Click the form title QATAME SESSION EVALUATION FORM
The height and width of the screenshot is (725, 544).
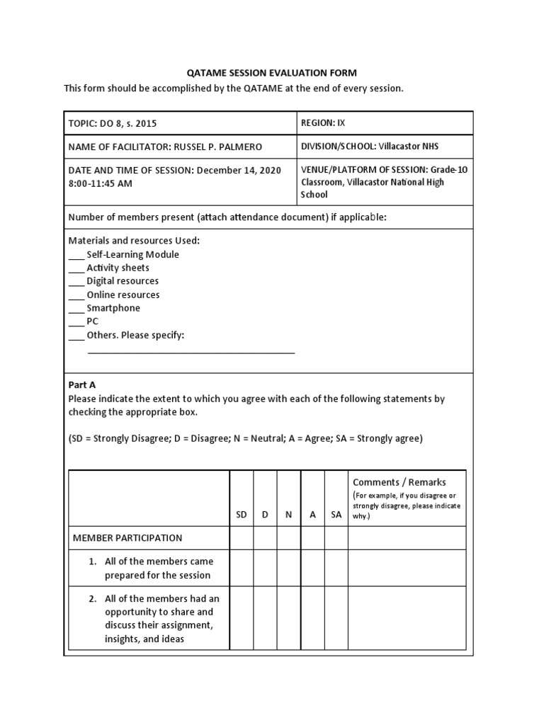[x=271, y=73]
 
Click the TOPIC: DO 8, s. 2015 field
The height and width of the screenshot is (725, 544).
[x=112, y=123]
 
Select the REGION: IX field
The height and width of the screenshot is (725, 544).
[x=323, y=122]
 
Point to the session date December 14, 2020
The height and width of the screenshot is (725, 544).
[x=239, y=170]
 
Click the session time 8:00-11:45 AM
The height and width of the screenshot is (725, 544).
[x=100, y=183]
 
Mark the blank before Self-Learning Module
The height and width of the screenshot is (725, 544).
[x=76, y=256]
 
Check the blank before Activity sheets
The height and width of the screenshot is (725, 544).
[x=76, y=269]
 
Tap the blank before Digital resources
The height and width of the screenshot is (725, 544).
[x=76, y=282]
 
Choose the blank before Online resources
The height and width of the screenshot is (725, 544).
[x=76, y=296]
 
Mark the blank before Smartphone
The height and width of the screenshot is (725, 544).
[x=76, y=309]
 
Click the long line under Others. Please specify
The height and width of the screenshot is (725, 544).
[x=191, y=351]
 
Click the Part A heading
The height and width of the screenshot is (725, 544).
[x=81, y=384]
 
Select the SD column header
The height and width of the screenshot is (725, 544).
[x=242, y=515]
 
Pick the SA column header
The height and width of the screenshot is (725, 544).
[x=336, y=515]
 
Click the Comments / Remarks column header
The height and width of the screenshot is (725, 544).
[x=399, y=482]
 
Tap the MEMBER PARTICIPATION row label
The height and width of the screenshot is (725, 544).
[x=127, y=537]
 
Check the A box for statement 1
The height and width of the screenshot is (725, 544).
[x=312, y=568]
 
